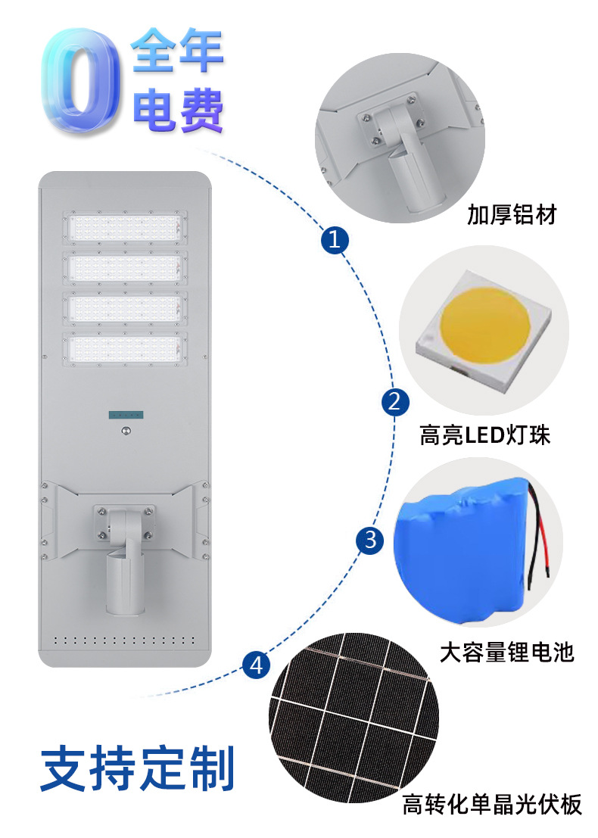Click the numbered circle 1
335,241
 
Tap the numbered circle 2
394,401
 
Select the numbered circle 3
370,540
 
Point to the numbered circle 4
257,665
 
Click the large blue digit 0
81,78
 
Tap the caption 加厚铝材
511,214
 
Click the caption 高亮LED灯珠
484,436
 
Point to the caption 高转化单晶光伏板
492,804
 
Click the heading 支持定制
138,768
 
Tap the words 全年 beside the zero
179,51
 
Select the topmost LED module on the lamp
125,226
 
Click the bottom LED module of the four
125,347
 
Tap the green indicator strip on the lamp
125,414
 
